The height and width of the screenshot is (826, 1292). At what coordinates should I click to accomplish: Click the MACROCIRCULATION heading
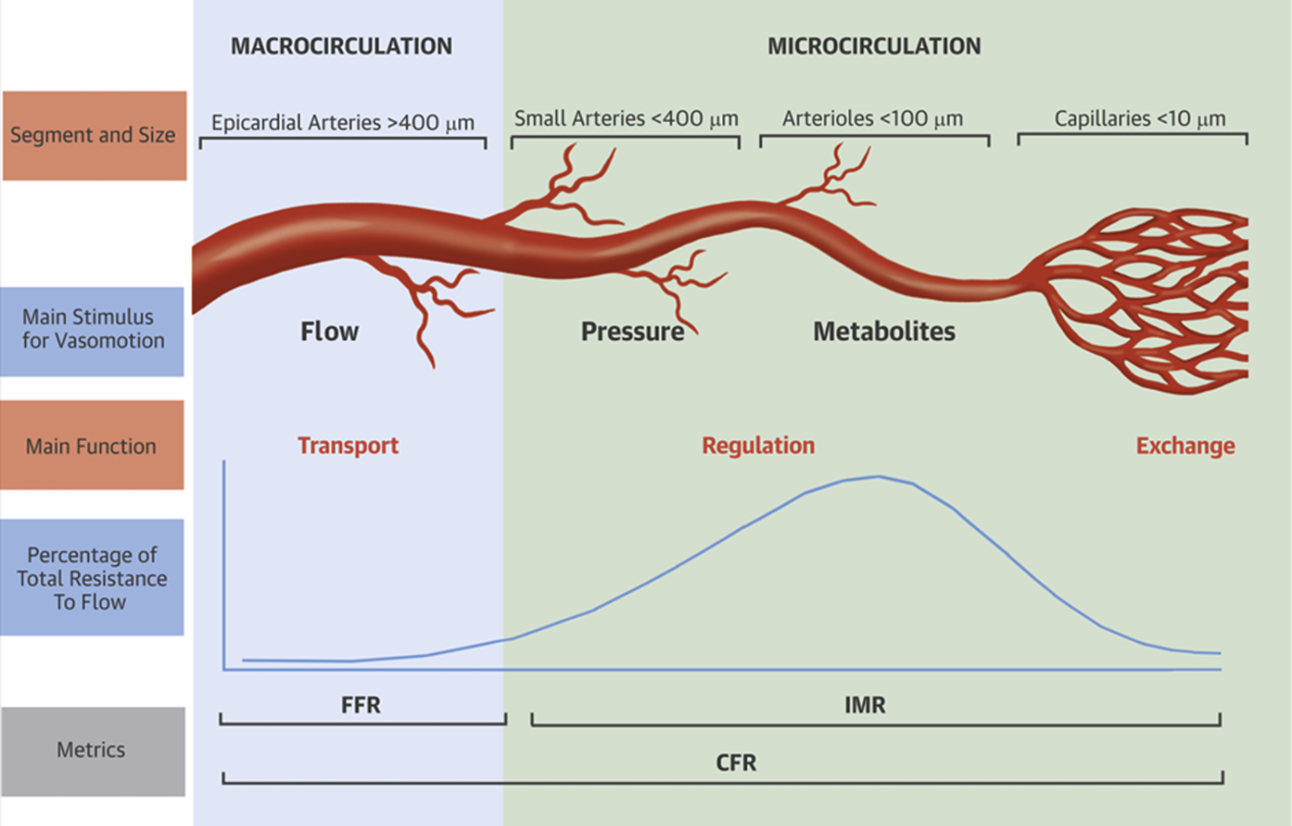coord(341,46)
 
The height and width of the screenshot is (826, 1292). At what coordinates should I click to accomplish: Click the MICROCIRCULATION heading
coord(874,46)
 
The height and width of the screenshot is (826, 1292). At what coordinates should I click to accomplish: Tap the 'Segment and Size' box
coord(94,135)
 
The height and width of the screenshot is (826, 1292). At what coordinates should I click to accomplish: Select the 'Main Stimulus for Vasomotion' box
coord(92,331)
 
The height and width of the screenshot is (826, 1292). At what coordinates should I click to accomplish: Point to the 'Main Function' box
coord(92,445)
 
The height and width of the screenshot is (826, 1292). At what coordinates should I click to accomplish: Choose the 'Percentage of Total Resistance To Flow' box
coord(92,577)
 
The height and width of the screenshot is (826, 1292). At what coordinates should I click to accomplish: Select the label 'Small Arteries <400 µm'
coord(626,118)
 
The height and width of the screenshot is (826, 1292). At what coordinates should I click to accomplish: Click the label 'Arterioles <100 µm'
coord(873,118)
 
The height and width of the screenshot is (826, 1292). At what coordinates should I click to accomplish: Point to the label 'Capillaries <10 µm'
coord(1140,118)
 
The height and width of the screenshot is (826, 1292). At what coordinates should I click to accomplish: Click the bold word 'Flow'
coord(329,332)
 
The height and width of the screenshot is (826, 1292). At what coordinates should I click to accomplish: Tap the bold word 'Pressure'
coord(632,332)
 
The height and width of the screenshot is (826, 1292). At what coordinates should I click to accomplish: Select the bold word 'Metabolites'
coord(884,332)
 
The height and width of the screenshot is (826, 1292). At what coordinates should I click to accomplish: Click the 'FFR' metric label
coord(361,705)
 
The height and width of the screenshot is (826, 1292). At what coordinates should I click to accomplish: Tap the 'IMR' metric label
coord(865,705)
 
